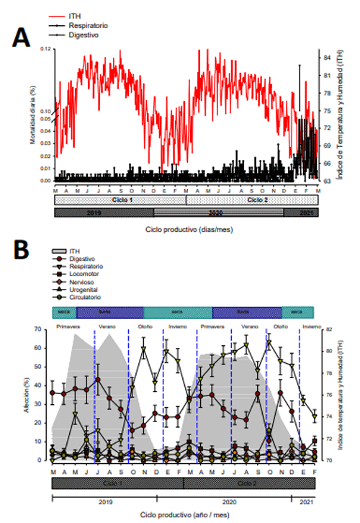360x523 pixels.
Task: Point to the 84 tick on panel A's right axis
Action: (327, 57)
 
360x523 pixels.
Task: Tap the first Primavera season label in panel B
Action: (70, 326)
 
